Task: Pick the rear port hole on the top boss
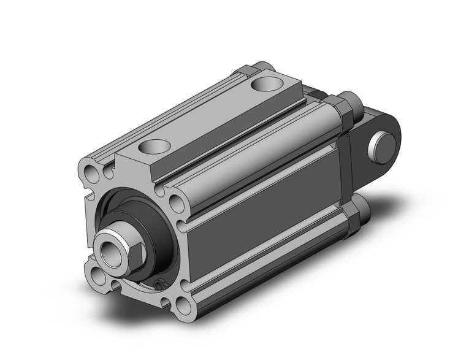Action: click(268, 81)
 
